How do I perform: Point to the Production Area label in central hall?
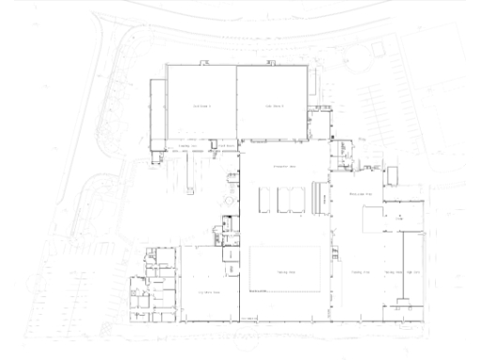[x=284, y=166]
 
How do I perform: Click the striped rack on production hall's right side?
[x=324, y=197]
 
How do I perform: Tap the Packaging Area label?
[x=362, y=190]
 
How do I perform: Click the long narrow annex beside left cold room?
[x=157, y=112]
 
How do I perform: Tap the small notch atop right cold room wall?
[x=268, y=63]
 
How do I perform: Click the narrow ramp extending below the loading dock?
[x=190, y=169]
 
